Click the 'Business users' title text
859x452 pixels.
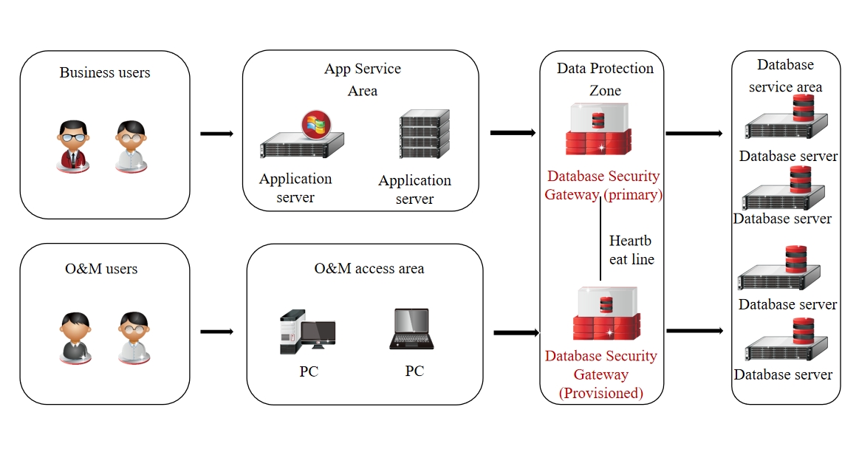tap(105, 72)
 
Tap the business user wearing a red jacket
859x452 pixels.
tap(73, 145)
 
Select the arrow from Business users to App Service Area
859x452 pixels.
tap(217, 134)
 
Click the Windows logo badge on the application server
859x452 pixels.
tap(316, 125)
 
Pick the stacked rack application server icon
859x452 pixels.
tap(425, 134)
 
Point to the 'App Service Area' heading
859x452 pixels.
tap(363, 80)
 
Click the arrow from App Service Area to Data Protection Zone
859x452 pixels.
tap(513, 133)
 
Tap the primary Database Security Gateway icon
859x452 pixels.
tap(599, 129)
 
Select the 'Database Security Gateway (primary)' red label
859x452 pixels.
tap(603, 185)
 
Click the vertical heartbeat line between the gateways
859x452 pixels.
tap(600, 239)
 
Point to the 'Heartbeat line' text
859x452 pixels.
tap(632, 250)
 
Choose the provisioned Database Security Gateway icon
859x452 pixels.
tap(606, 313)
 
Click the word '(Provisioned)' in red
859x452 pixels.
tap(601, 393)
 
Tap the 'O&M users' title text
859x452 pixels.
tap(101, 268)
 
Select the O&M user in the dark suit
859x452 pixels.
tap(75, 338)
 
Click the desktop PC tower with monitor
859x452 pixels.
tap(307, 332)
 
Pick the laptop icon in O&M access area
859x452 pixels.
tap(411, 329)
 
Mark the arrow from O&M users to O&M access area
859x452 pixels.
tap(217, 332)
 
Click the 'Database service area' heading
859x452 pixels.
tap(785, 75)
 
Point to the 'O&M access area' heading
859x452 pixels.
tap(369, 268)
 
